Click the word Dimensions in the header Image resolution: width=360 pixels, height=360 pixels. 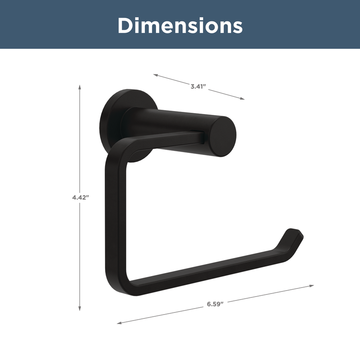click(180, 25)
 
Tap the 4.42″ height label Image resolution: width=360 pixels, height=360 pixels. click(81, 197)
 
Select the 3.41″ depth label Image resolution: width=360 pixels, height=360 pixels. click(198, 87)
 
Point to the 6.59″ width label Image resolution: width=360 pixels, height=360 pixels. click(215, 304)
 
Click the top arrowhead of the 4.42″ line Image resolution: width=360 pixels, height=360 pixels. click(80, 87)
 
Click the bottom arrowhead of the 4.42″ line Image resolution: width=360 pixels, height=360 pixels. click(80, 309)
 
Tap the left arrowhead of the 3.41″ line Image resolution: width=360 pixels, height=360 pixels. click(156, 75)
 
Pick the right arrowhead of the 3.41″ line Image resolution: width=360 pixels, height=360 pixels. click(243, 99)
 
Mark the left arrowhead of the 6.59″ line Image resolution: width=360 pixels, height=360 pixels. click(119, 323)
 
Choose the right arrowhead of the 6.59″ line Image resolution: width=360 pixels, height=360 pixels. click(312, 286)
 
